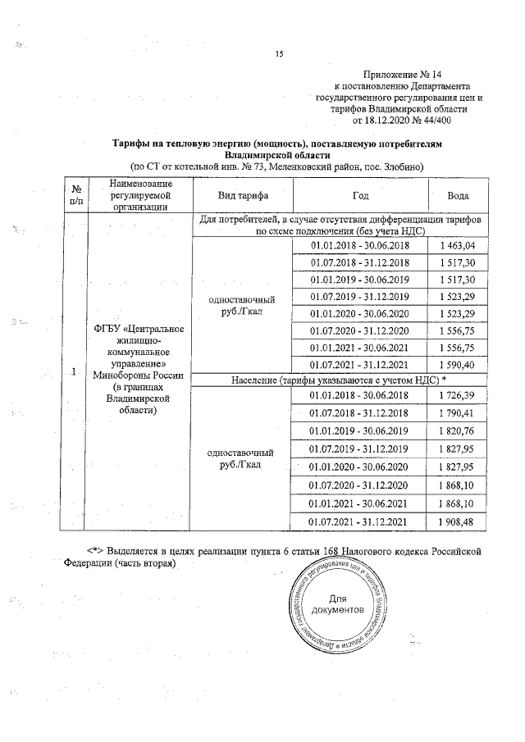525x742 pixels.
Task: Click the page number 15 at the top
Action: [x=279, y=54]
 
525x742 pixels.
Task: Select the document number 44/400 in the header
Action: [x=430, y=120]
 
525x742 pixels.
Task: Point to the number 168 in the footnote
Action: [x=330, y=549]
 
